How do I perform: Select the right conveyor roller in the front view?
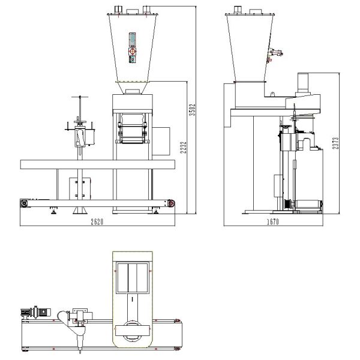172,204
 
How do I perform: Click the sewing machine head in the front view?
82,137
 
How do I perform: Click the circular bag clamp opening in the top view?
131,329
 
